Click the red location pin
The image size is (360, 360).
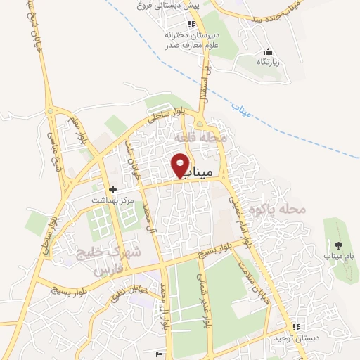pyautogui.click(x=181, y=165)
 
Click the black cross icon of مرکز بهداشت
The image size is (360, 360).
pyautogui.click(x=112, y=189)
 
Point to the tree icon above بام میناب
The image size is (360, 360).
pyautogui.click(x=339, y=245)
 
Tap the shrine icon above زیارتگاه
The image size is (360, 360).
pyautogui.click(x=267, y=52)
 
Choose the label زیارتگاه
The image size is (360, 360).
pyautogui.click(x=267, y=62)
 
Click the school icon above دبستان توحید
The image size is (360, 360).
pyautogui.click(x=296, y=327)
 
